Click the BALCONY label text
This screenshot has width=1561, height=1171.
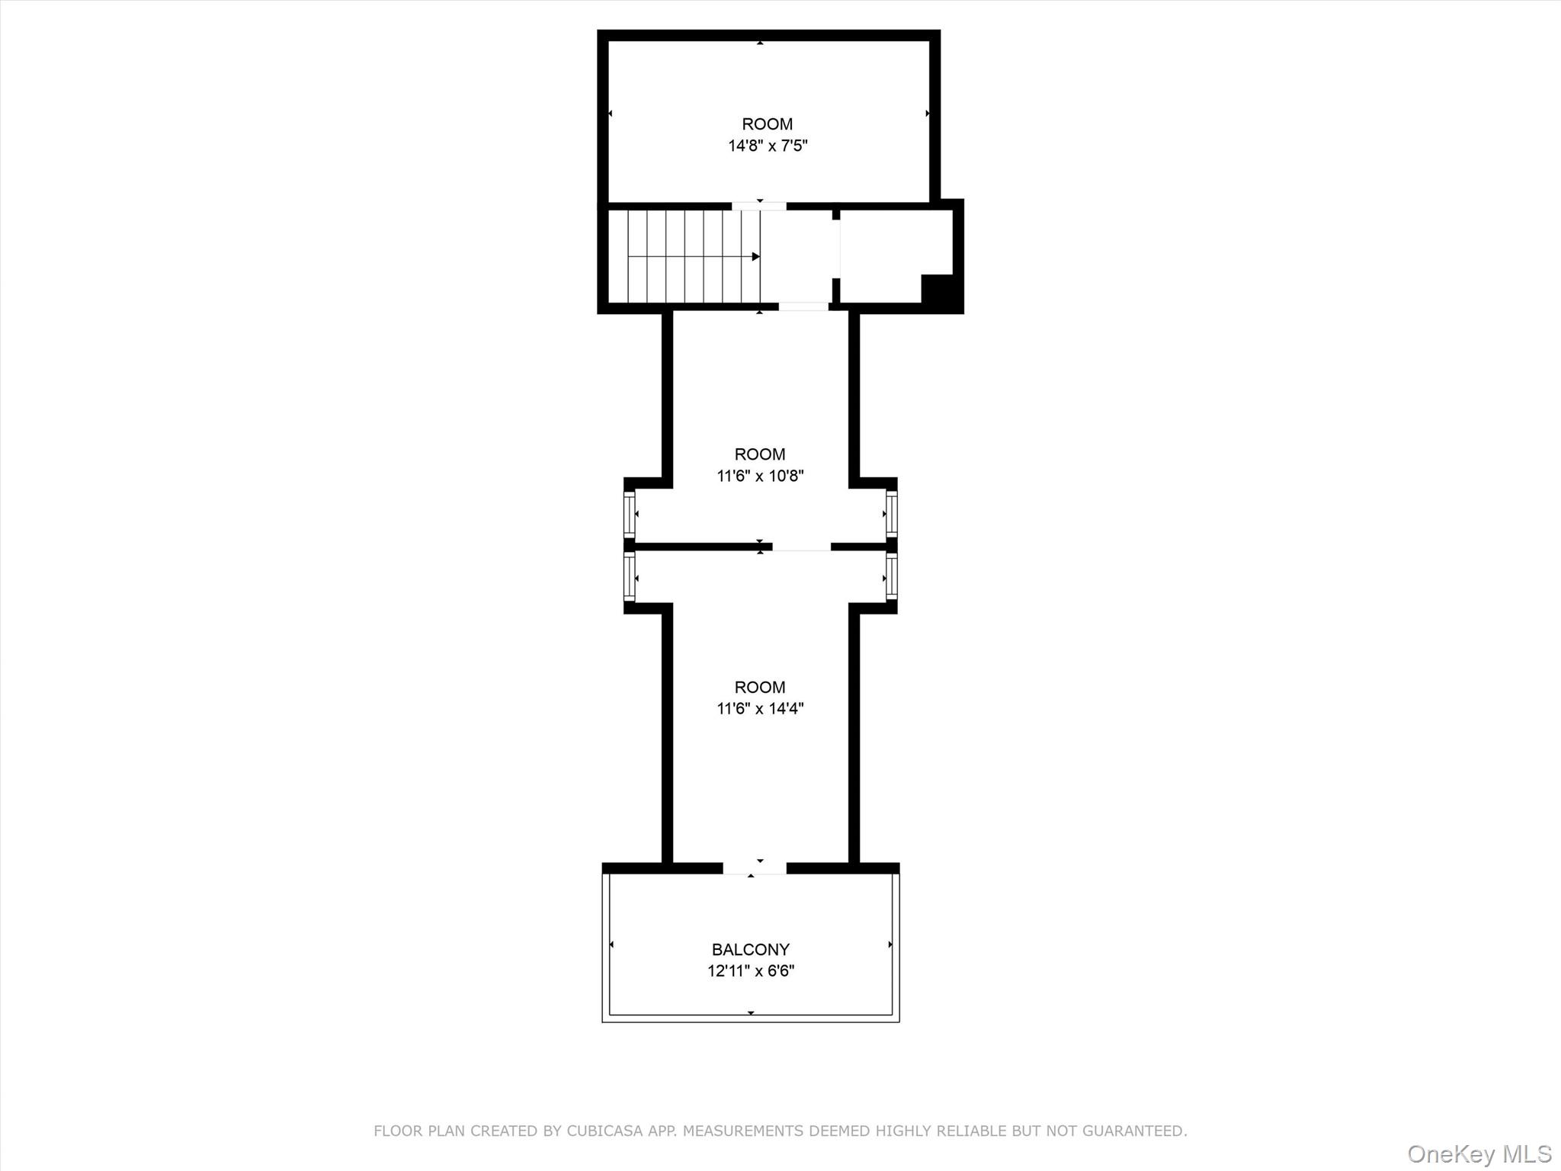pyautogui.click(x=750, y=949)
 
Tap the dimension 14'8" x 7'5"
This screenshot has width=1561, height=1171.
pyautogui.click(x=767, y=146)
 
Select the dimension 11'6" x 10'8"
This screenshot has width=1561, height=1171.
pyautogui.click(x=760, y=476)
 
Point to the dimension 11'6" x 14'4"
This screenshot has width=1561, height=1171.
pyautogui.click(x=760, y=708)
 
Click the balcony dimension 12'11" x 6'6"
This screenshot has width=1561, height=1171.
pyautogui.click(x=750, y=970)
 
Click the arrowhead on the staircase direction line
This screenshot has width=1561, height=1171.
pyautogui.click(x=755, y=257)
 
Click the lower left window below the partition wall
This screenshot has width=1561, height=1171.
pyautogui.click(x=630, y=577)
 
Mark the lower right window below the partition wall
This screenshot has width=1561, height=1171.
pyautogui.click(x=891, y=577)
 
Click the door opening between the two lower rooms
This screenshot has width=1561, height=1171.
pyautogui.click(x=801, y=547)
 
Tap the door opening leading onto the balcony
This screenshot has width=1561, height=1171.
pyautogui.click(x=754, y=868)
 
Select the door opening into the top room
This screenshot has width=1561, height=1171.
pyautogui.click(x=759, y=206)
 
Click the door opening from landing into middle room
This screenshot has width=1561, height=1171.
pyautogui.click(x=803, y=306)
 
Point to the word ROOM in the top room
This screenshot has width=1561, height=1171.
pyautogui.click(x=767, y=124)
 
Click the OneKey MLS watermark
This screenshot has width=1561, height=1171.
pyautogui.click(x=1479, y=1153)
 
